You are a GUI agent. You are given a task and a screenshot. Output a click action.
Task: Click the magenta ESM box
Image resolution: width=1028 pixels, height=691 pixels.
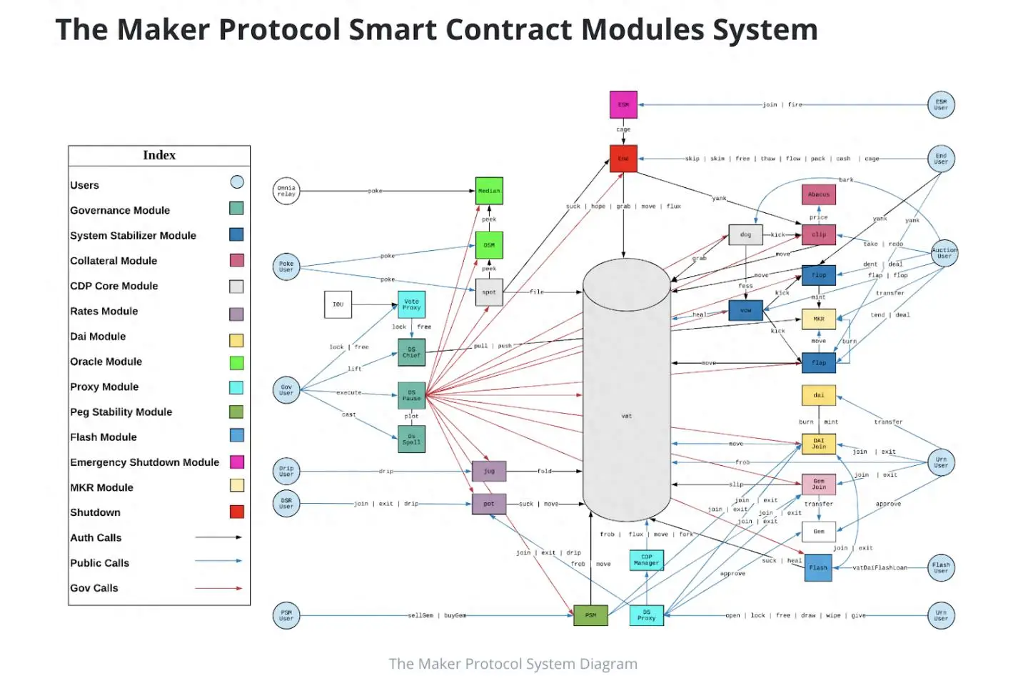point(623,104)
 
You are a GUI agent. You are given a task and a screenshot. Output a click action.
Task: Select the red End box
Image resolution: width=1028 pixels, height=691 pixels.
point(623,159)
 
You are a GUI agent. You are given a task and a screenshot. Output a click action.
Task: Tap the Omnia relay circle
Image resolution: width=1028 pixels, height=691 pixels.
point(286,191)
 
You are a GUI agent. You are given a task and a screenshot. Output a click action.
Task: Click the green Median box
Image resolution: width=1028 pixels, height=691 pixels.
point(489,191)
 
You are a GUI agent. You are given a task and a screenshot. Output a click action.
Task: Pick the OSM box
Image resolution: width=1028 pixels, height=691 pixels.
point(489,245)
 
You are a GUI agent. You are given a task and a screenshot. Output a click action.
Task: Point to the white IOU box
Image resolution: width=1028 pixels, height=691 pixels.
point(338,304)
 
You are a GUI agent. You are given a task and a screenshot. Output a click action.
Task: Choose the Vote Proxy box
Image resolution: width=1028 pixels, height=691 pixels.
point(411,304)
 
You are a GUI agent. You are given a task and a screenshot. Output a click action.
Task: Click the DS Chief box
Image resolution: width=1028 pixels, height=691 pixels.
point(411,352)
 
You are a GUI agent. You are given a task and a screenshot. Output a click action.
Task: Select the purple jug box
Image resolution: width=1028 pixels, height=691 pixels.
point(489,471)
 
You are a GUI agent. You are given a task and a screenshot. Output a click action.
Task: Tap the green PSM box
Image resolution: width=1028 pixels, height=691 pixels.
point(590,615)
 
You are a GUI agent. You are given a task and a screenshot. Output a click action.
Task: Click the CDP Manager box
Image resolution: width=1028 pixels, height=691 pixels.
point(646,560)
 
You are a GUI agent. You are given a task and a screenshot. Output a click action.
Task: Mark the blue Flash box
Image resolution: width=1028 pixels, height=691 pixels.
point(818,567)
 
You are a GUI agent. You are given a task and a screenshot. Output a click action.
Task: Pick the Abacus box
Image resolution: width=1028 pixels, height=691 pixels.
point(819,194)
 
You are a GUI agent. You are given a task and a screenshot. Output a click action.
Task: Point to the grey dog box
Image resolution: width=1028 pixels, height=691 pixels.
point(745,234)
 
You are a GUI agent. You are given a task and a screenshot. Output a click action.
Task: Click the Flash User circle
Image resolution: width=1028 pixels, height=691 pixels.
point(941,568)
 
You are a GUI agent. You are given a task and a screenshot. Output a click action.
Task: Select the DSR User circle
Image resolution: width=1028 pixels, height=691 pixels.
point(286,503)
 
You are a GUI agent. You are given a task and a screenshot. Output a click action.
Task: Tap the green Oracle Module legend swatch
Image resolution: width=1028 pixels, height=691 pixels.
point(236,362)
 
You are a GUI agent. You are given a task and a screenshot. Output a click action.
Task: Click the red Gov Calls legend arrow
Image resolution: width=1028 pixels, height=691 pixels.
point(218,588)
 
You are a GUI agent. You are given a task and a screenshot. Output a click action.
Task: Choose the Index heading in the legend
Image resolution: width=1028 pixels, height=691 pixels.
point(159,155)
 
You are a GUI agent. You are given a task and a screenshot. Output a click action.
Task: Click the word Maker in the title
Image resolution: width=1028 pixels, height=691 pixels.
point(163,29)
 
